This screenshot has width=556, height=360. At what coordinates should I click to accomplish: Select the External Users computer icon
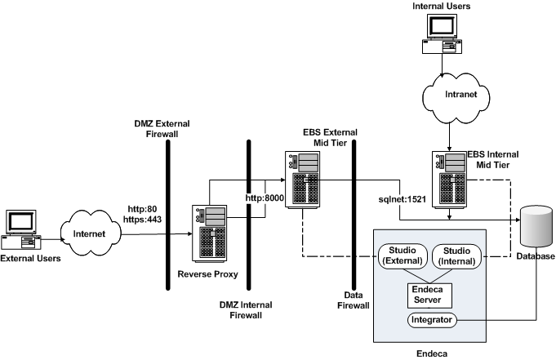click(x=20, y=229)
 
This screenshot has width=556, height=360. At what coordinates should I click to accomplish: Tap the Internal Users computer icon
click(x=442, y=34)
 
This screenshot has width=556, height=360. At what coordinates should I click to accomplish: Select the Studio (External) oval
click(x=400, y=256)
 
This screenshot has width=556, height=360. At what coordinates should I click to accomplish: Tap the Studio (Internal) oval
click(x=456, y=256)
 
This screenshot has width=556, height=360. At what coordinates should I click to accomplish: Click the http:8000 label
click(x=263, y=198)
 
